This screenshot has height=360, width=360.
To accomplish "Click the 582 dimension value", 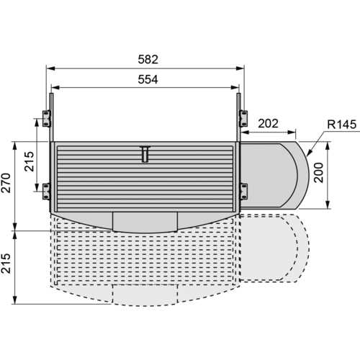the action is [148, 59].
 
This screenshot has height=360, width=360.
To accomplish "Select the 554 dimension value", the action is [148, 79].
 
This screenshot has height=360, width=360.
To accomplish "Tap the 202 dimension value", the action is [268, 123].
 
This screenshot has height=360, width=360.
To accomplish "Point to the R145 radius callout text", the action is [342, 125].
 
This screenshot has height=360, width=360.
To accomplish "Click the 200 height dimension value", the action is [319, 173].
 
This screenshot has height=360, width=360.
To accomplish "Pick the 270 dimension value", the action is [6, 183].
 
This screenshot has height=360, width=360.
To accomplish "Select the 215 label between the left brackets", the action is [29, 161].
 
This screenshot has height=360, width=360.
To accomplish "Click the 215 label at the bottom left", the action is [6, 264].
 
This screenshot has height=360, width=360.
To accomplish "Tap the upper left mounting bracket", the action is [47, 118].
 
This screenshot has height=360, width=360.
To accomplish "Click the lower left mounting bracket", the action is [47, 191].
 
